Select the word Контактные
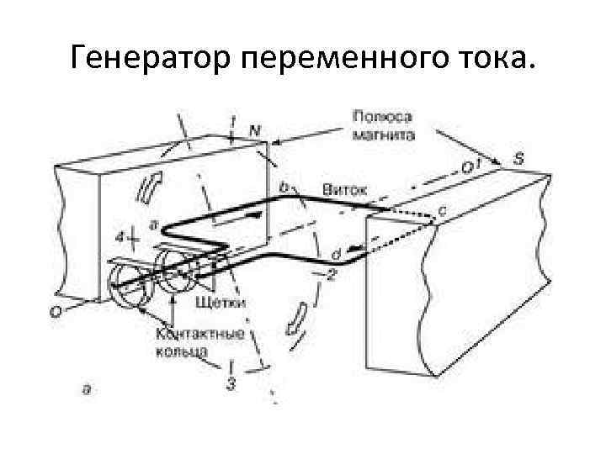click(200, 334)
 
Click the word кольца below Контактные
click(181, 351)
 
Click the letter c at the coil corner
click(442, 205)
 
